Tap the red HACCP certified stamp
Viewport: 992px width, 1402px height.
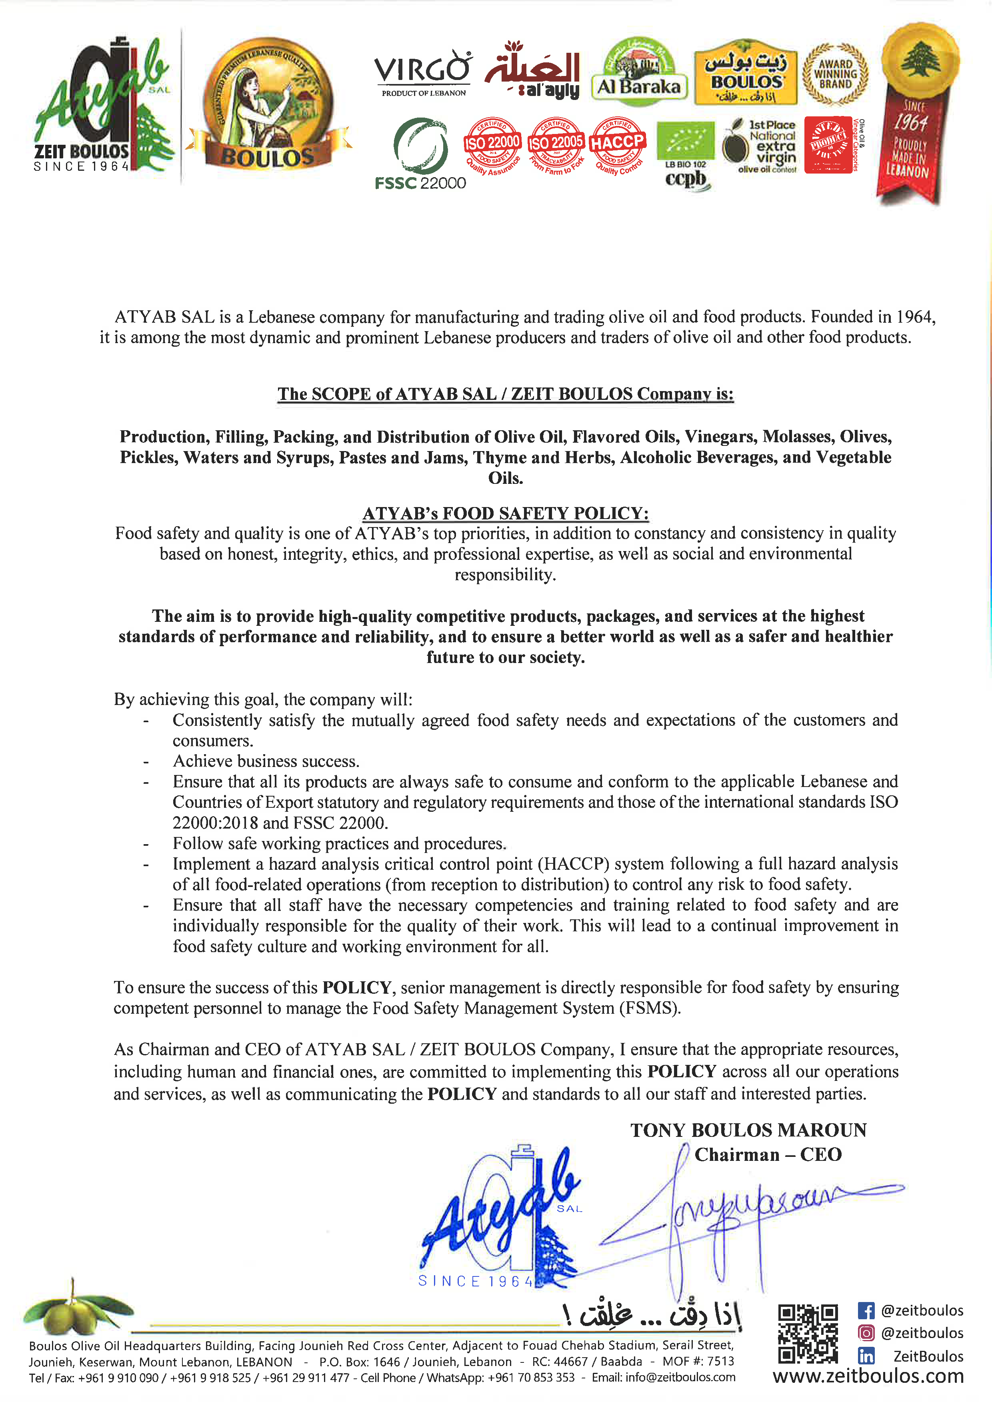coord(618,145)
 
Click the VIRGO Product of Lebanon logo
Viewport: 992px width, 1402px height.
coord(423,73)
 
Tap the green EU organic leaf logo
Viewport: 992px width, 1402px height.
coord(685,140)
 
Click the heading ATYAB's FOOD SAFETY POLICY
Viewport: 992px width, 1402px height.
coord(505,513)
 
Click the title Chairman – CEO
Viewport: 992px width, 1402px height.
coord(768,1155)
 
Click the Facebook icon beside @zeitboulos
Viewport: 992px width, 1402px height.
coord(866,1310)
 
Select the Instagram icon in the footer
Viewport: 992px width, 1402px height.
coord(866,1333)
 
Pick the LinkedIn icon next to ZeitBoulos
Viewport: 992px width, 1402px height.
coord(866,1356)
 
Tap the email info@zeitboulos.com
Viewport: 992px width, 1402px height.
coord(681,1378)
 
